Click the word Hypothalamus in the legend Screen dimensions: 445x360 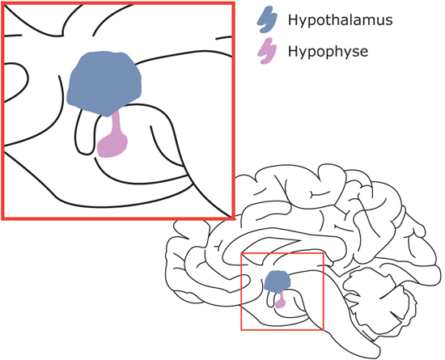pyautogui.click(x=341, y=20)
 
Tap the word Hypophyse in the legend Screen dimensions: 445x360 pyautogui.click(x=328, y=52)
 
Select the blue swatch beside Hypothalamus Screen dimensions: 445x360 pyautogui.click(x=267, y=19)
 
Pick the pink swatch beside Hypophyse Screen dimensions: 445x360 pyautogui.click(x=267, y=51)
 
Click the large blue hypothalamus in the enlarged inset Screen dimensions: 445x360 pyautogui.click(x=104, y=83)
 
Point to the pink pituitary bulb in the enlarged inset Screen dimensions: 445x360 pyautogui.click(x=112, y=146)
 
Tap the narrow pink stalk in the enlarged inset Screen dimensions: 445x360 pyautogui.click(x=116, y=122)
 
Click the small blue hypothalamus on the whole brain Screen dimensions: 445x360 pyautogui.click(x=278, y=282)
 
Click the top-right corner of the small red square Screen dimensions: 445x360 pyautogui.click(x=324, y=252)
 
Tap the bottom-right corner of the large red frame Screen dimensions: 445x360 pyautogui.click(x=234, y=218)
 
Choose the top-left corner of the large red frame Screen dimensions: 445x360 pyautogui.click(x=2, y=3)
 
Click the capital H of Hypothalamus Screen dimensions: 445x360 pyautogui.click(x=293, y=19)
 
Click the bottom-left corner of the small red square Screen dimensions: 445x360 pyautogui.click(x=241, y=330)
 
